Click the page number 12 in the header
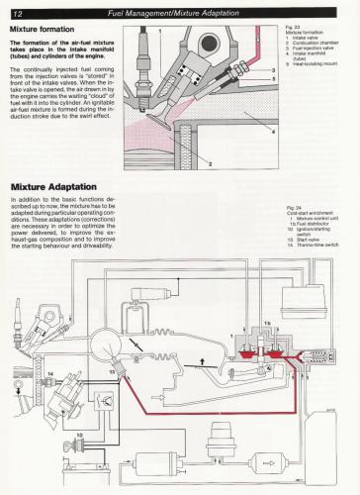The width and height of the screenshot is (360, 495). (x=17, y=9)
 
